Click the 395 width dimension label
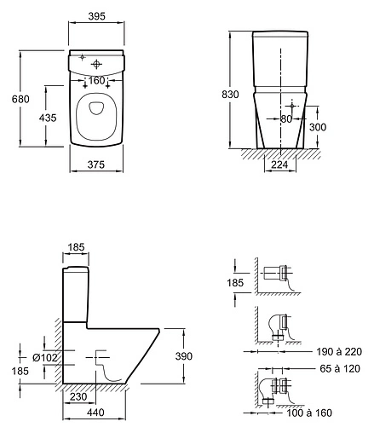(96, 16)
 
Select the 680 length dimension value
(20, 99)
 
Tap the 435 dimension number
(48, 118)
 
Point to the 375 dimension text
(96, 165)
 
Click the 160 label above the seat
(96, 81)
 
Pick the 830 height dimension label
(230, 94)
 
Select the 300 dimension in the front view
(318, 127)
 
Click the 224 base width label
(279, 165)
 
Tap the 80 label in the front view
(286, 118)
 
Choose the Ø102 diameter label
(45, 357)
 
